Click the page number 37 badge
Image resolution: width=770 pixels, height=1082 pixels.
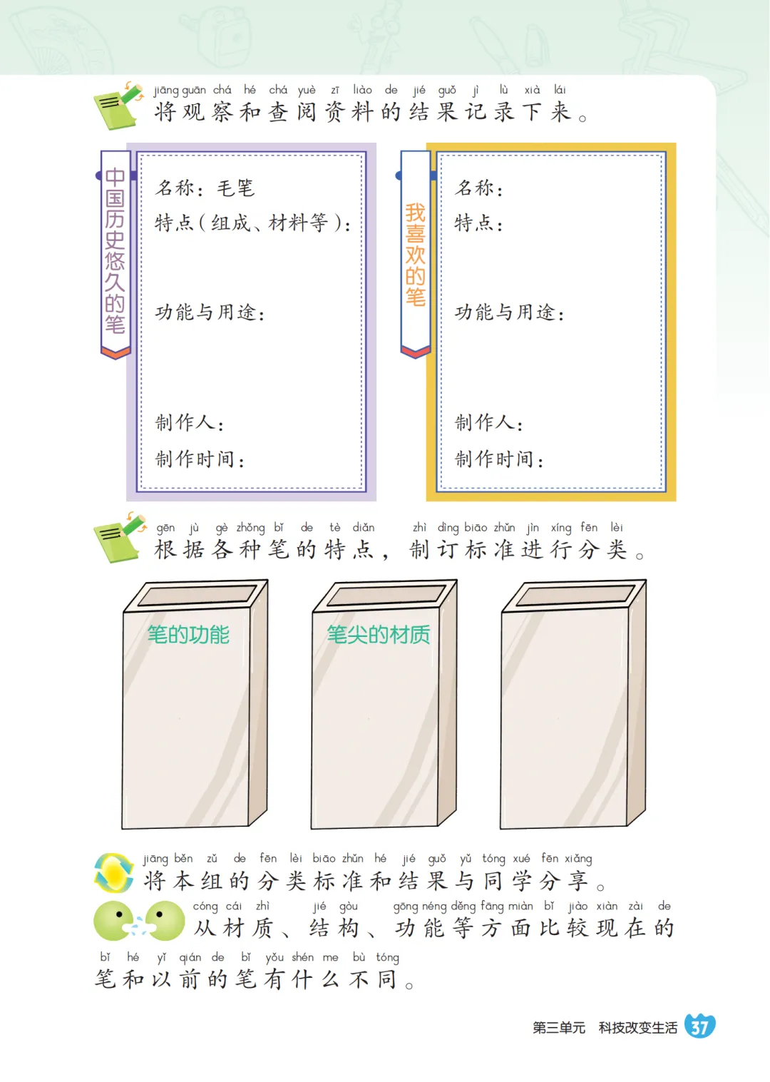[x=699, y=1026]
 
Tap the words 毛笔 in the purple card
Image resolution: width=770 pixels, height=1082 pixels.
[x=235, y=188]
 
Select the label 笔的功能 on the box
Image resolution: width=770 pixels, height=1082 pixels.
[x=188, y=634]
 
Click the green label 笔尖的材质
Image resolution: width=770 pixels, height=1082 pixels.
[x=378, y=634]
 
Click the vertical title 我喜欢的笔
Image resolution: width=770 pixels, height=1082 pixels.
[x=415, y=255]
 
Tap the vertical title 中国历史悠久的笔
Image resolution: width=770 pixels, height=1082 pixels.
[x=115, y=251]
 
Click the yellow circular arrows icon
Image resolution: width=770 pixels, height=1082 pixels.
[x=114, y=873]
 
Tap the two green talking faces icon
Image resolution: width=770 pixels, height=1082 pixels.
[x=139, y=921]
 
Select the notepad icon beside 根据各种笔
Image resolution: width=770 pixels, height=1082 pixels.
[x=119, y=538]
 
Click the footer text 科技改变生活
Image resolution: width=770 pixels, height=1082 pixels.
[x=637, y=1027]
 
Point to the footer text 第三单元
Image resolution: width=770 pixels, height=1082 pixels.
[x=558, y=1027]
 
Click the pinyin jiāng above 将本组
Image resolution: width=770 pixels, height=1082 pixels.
[x=155, y=859]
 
